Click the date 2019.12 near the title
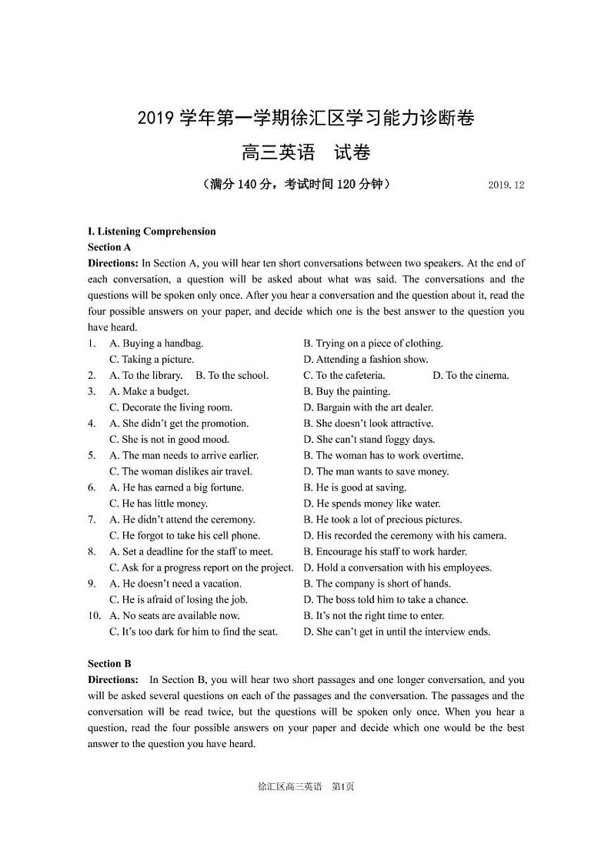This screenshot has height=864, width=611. tap(506, 186)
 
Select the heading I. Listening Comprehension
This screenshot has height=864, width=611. tap(152, 231)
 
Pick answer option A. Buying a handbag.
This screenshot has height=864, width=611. tap(156, 343)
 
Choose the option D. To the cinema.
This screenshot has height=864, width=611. tap(470, 376)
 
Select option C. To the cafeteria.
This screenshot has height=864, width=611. tap(344, 376)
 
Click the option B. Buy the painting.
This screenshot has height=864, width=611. tap(347, 392)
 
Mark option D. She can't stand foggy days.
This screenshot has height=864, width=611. tap(369, 440)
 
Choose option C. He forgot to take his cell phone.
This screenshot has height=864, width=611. tap(185, 536)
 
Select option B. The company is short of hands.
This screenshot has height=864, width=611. tap(377, 584)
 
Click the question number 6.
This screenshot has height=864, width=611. tap(92, 487)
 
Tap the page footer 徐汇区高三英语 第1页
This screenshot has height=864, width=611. tap(305, 787)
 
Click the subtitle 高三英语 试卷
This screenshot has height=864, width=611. tap(305, 152)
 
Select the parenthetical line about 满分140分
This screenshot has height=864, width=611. tap(296, 185)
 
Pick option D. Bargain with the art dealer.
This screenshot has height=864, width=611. tap(369, 407)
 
